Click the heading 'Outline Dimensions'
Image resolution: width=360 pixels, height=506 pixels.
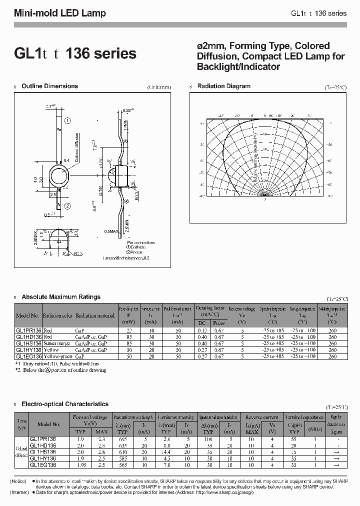49,86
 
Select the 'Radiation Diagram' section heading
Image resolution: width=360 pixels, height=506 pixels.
223,86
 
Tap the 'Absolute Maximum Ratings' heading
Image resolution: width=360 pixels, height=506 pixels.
61,297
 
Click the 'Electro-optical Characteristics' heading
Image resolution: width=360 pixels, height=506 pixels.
65,403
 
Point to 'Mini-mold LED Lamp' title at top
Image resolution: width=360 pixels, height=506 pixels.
60,13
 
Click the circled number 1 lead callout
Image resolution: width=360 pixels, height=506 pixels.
68,121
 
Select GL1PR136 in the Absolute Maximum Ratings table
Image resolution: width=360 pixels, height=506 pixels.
28,331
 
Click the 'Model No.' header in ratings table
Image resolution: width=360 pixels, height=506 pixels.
28,316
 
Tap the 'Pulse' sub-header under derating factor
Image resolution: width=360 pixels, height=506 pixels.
218,323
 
